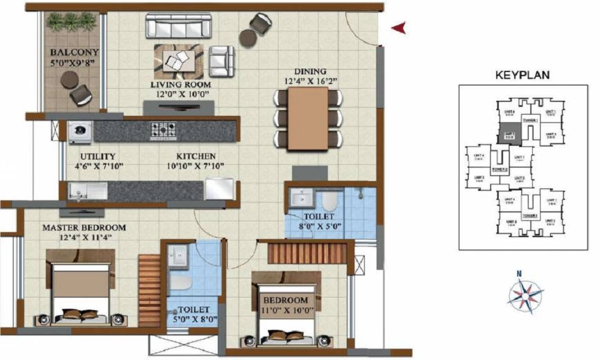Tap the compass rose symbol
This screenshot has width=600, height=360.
point(525,294)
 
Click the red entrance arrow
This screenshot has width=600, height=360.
point(399,27)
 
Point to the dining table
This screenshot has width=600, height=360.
point(308,118)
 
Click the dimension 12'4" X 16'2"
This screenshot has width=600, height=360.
point(310,80)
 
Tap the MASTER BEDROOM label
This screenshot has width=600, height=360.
point(83,227)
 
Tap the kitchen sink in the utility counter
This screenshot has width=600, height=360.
point(88,191)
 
